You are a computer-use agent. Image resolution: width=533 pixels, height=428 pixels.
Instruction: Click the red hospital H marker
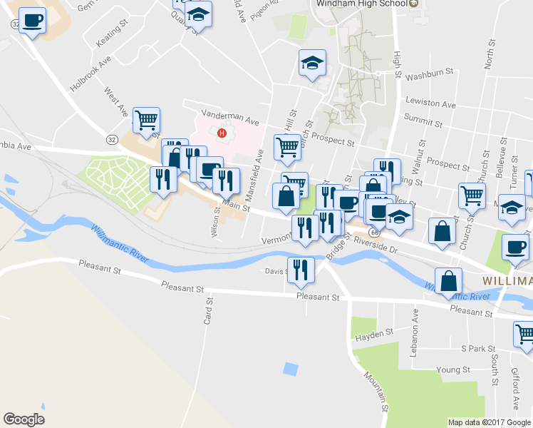click(x=222, y=133)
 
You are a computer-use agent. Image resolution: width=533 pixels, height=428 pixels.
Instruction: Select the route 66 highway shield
click(x=375, y=233)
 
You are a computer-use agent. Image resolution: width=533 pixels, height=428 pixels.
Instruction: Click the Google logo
click(x=24, y=419)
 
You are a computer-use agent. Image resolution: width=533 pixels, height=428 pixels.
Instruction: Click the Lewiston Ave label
click(x=430, y=104)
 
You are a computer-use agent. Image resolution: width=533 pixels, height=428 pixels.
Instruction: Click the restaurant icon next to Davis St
click(x=300, y=269)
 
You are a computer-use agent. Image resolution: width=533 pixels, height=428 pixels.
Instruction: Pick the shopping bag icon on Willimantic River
click(x=449, y=280)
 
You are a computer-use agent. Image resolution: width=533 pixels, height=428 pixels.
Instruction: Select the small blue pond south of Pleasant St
click(x=290, y=369)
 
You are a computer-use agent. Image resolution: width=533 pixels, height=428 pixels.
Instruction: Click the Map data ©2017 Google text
click(x=489, y=422)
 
